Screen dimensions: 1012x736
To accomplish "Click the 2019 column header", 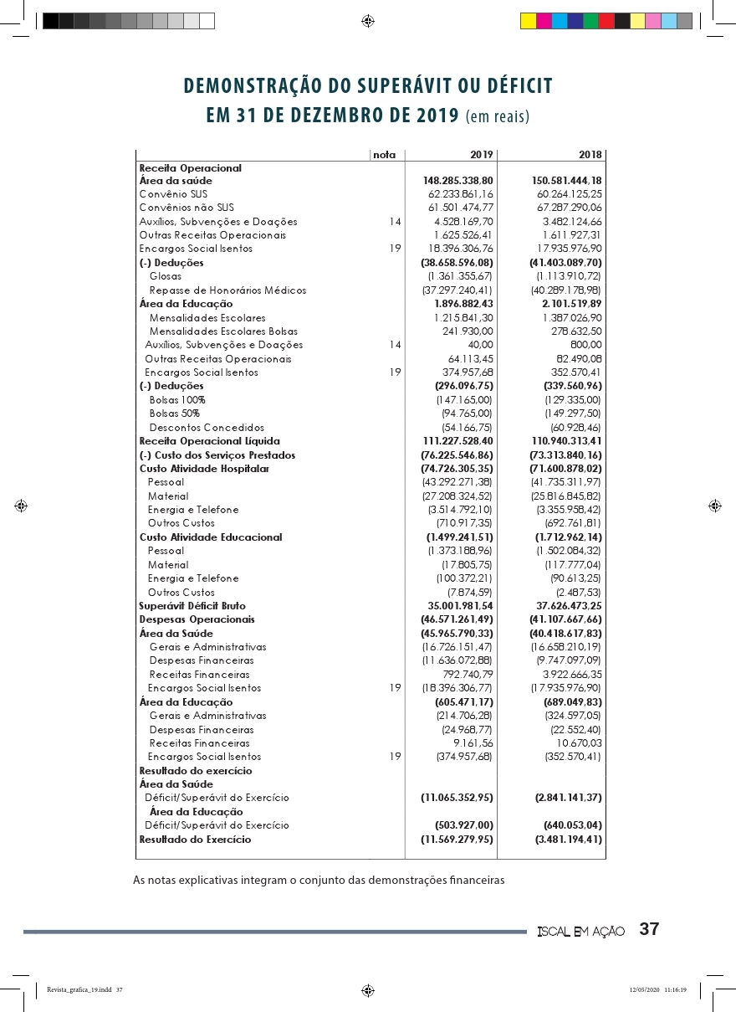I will pyautogui.click(x=482, y=155).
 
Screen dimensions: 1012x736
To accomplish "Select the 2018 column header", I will pyautogui.click(x=590, y=155).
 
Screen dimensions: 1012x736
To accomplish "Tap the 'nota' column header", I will pyautogui.click(x=384, y=155).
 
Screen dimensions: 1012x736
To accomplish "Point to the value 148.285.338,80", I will pyautogui.click(x=458, y=181).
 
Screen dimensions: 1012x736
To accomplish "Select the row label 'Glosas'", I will pyautogui.click(x=166, y=276).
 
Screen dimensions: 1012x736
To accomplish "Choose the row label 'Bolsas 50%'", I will pyautogui.click(x=174, y=414).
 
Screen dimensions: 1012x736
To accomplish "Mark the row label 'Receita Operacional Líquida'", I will pyautogui.click(x=209, y=441).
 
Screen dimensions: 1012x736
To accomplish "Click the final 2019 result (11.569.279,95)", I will pyautogui.click(x=457, y=840).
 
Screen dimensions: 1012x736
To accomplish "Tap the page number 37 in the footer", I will pyautogui.click(x=650, y=930).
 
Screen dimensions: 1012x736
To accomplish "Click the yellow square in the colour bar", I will pyautogui.click(x=529, y=21).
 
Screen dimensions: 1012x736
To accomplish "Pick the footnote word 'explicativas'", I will pyautogui.click(x=214, y=880).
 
